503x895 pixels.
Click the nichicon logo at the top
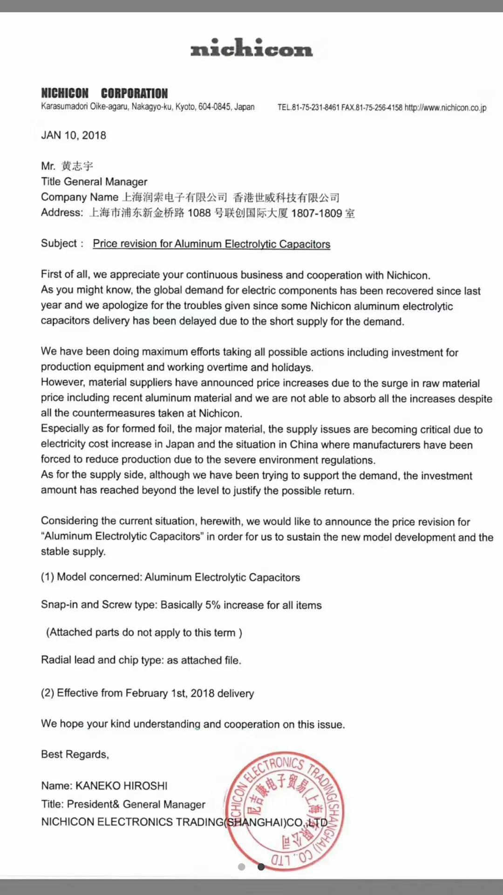point(251,48)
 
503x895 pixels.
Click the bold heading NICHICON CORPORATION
point(104,93)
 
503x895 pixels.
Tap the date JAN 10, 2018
point(74,135)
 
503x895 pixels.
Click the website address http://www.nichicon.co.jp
point(445,108)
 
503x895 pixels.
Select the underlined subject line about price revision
point(211,244)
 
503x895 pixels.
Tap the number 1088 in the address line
point(199,213)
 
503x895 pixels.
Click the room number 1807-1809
point(317,213)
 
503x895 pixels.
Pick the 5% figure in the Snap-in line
point(213,605)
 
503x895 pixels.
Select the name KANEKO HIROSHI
point(122,786)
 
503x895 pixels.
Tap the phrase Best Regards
point(75,754)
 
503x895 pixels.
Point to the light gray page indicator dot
point(241,867)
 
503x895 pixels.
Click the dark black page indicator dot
point(261,867)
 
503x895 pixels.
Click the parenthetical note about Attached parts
point(144,633)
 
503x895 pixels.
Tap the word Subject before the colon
point(59,243)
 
